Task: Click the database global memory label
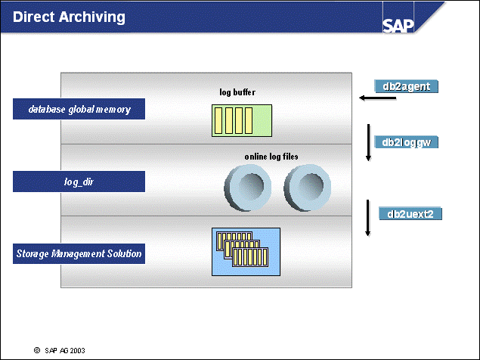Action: coord(79,110)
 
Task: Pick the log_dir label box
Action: coord(79,182)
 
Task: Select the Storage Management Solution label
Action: coord(79,253)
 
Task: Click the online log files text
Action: coord(271,156)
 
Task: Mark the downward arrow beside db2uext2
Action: coord(368,218)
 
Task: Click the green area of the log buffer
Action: coord(261,121)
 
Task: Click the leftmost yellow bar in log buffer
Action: coord(218,121)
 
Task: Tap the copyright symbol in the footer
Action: coord(36,350)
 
